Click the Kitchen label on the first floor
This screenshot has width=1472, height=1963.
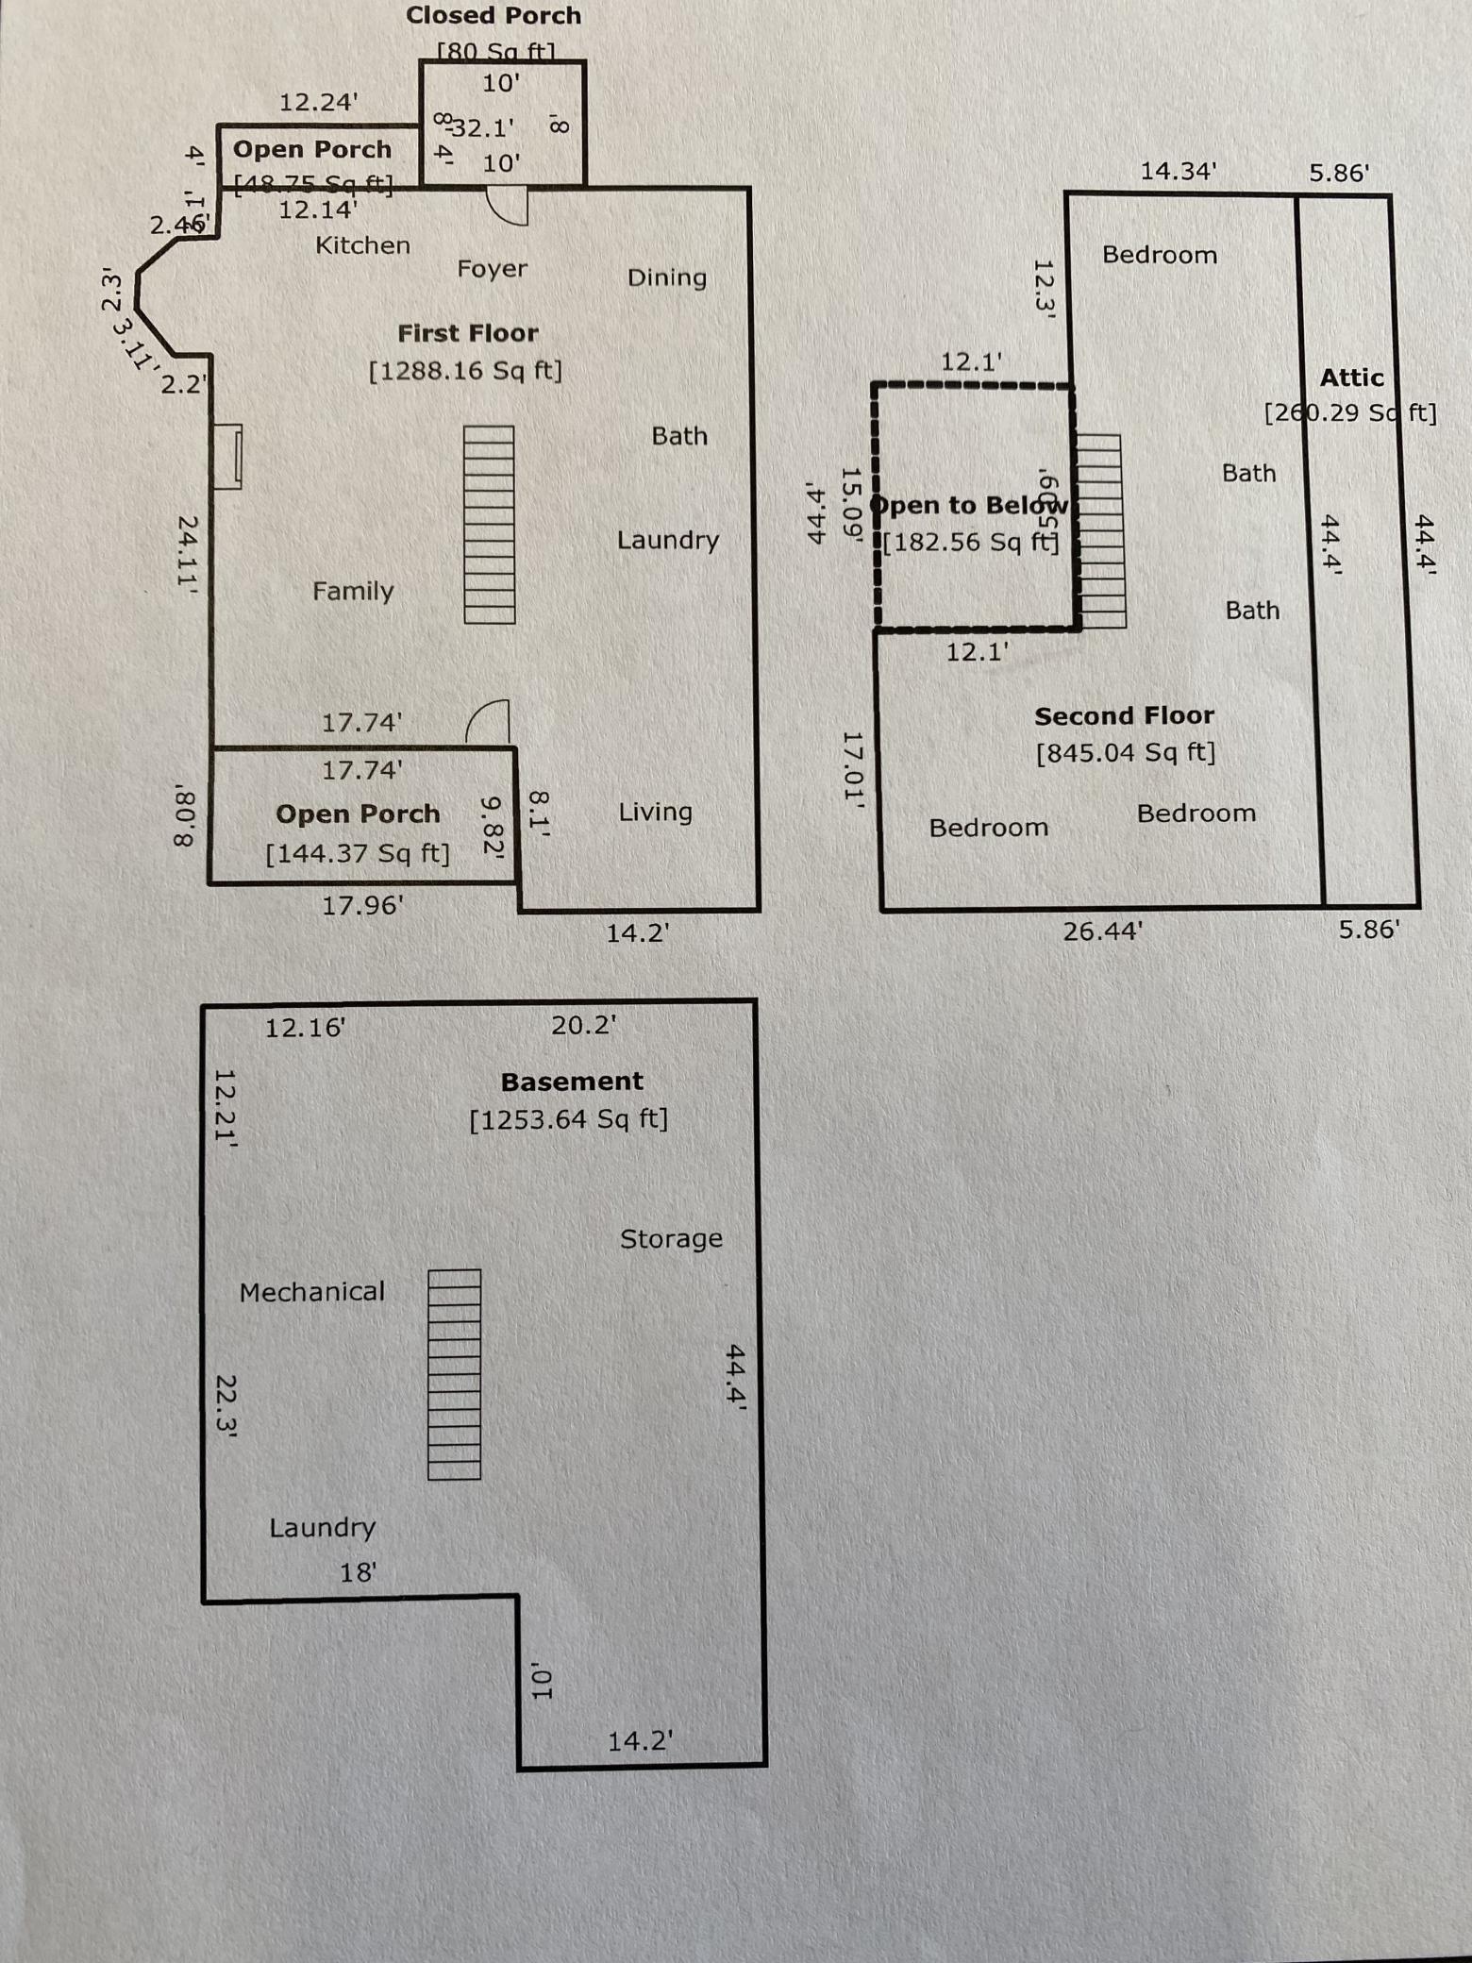pos(362,245)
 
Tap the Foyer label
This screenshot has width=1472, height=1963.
pos(492,269)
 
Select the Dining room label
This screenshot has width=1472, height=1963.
pos(666,277)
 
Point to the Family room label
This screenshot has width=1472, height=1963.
pos(353,591)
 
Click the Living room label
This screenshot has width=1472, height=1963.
pos(655,812)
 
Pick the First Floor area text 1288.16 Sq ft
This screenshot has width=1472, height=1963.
pos(465,370)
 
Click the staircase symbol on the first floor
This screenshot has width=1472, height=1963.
pos(489,525)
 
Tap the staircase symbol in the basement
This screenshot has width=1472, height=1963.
pos(454,1374)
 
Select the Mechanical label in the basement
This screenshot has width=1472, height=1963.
pos(311,1291)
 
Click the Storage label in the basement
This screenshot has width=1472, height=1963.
pos(671,1238)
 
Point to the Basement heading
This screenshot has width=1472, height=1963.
pos(572,1082)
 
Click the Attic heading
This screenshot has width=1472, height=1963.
pos(1351,377)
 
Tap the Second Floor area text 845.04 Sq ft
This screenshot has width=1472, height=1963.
pos(1125,752)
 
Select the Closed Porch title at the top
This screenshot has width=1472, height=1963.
pos(493,15)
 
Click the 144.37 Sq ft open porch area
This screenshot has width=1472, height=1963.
pos(357,853)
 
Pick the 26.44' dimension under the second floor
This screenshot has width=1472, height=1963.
pos(1102,931)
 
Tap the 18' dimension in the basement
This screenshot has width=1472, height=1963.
pos(358,1572)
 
